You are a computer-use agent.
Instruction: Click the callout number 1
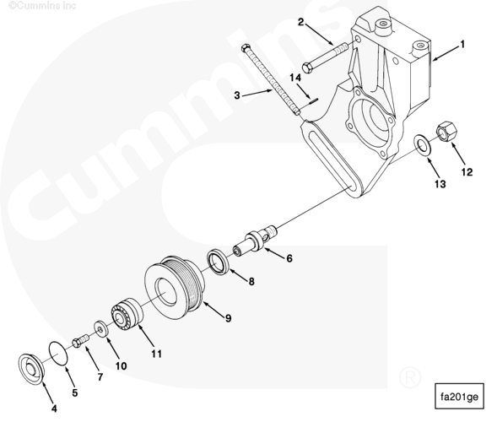[x=462, y=45]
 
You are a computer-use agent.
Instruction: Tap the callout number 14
[x=295, y=78]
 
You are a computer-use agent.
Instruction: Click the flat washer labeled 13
[x=422, y=146]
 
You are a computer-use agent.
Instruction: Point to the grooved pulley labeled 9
[x=174, y=283]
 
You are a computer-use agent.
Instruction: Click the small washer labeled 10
[x=101, y=330]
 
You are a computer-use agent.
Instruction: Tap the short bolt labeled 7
[x=81, y=341]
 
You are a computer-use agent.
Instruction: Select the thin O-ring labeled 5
[x=58, y=354]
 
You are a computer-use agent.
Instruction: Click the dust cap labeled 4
[x=31, y=369]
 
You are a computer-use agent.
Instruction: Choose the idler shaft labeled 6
[x=256, y=239]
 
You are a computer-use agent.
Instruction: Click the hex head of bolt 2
[x=307, y=68]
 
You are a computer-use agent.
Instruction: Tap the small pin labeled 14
[x=313, y=101]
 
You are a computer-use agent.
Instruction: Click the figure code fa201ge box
[x=459, y=397]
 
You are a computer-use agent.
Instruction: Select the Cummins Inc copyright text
[x=42, y=5]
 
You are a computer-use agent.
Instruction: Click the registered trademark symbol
[x=410, y=377]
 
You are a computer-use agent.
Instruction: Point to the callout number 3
[x=237, y=95]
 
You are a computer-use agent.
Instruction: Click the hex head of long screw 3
[x=246, y=48]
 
